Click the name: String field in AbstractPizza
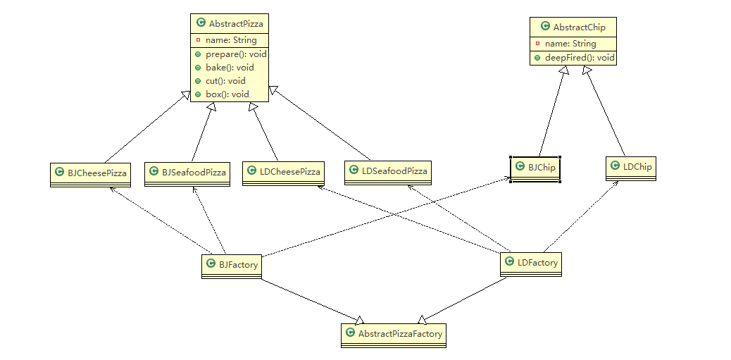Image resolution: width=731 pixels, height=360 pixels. point(231,40)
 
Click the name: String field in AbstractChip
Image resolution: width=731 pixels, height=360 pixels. point(570,44)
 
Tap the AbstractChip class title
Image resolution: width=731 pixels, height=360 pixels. point(579,27)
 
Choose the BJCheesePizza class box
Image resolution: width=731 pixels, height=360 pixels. point(90,175)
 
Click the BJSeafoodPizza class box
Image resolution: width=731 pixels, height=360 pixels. point(187,175)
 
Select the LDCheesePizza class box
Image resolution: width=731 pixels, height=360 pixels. point(283,174)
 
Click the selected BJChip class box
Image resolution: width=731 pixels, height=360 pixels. point(535,169)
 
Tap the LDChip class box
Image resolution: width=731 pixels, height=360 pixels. point(631,168)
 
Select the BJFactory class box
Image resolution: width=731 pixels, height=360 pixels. point(232,267)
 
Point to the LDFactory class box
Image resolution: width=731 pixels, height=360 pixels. point(530,264)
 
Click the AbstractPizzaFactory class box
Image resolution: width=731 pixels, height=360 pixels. point(394,335)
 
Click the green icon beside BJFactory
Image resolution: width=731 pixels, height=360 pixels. point(211,264)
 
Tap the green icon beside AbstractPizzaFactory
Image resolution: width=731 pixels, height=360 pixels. point(350,333)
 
